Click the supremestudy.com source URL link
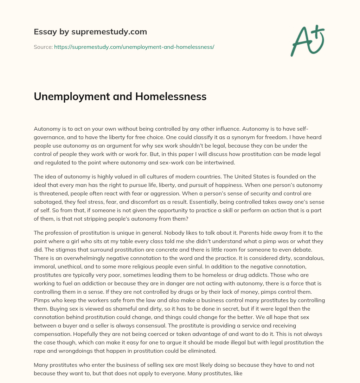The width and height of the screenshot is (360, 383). pos(134,47)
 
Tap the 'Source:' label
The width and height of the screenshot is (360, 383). pos(43,47)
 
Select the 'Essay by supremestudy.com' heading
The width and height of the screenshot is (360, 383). pos(90,32)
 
